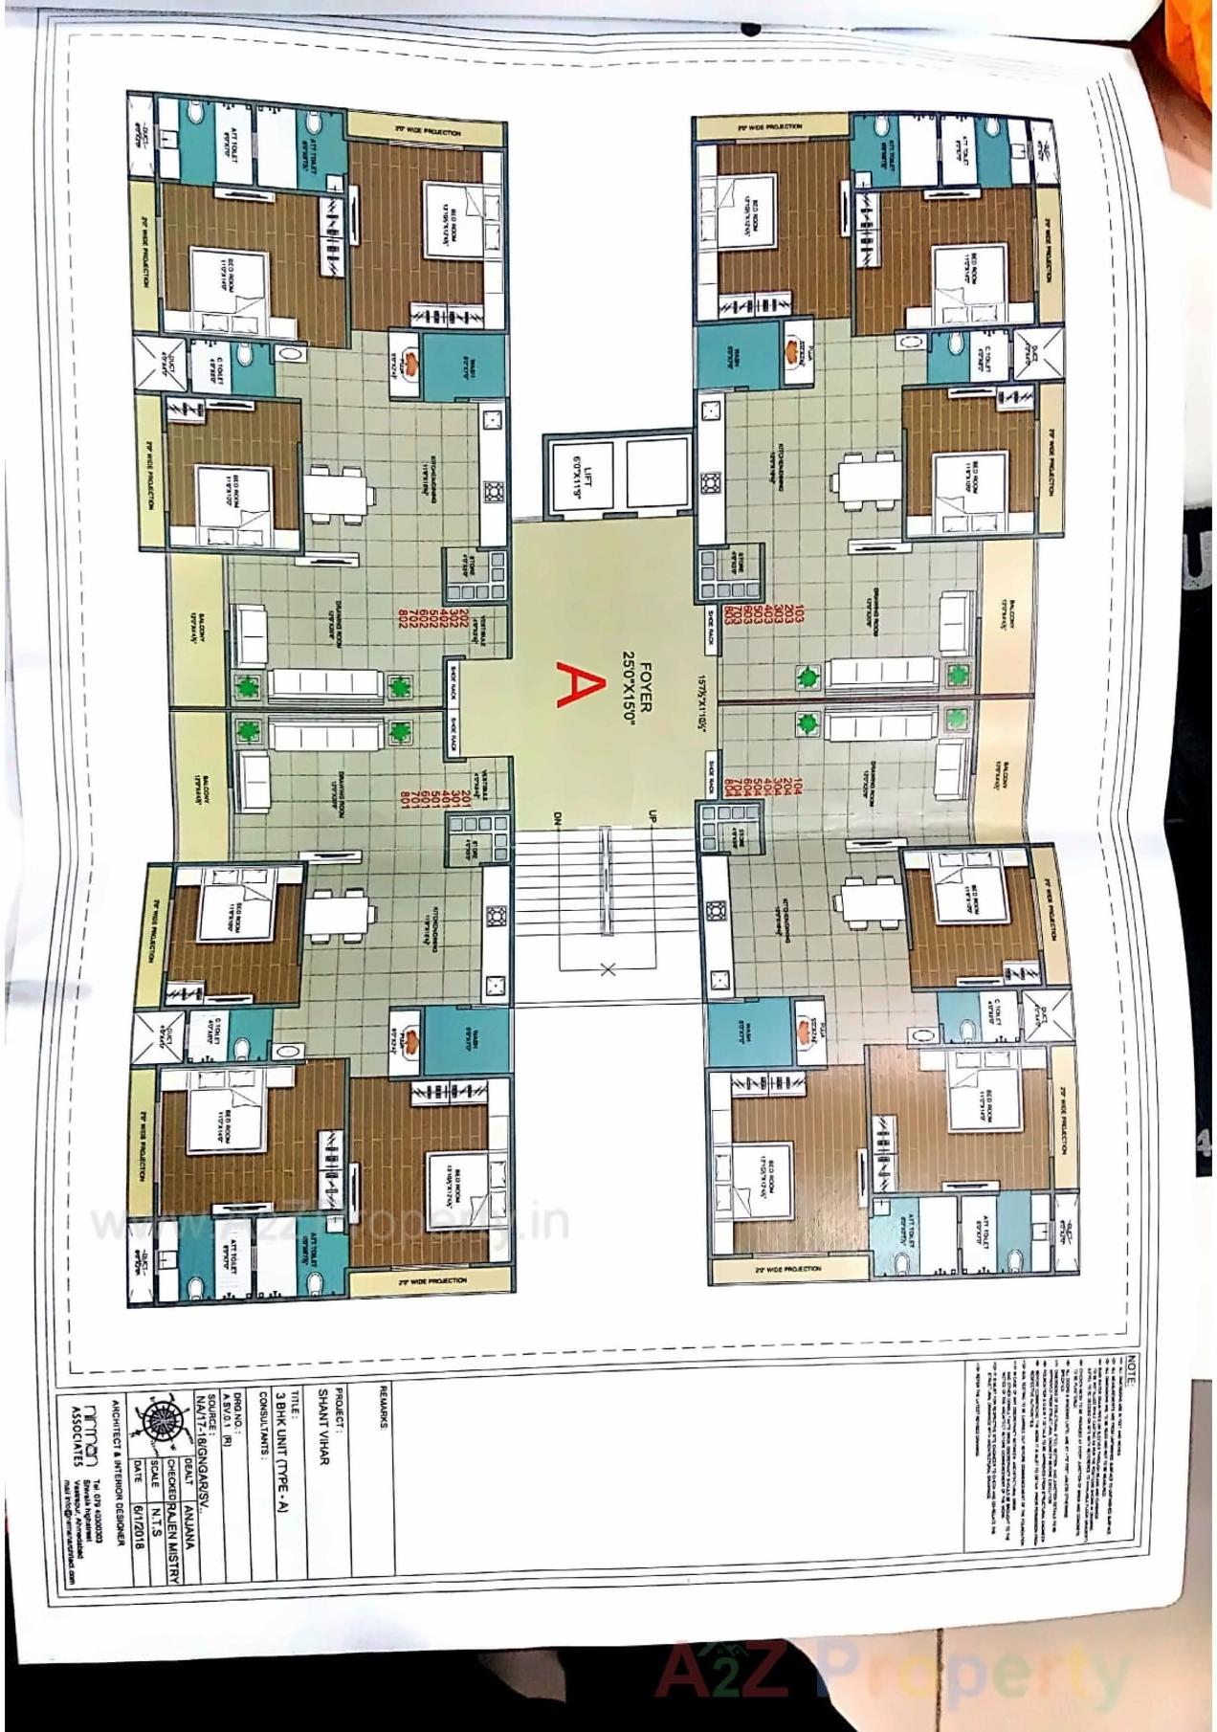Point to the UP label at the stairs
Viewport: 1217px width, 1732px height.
point(653,816)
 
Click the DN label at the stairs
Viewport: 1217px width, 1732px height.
point(555,818)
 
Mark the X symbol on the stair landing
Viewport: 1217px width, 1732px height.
point(607,969)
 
